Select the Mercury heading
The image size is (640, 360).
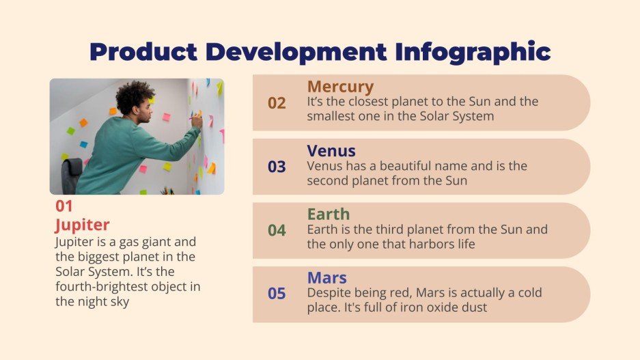tap(340, 87)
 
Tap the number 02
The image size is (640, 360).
tap(277, 103)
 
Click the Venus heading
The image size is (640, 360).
tap(331, 150)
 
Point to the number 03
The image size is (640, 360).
tap(277, 167)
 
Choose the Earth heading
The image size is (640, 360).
tap(328, 214)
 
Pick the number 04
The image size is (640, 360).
tap(277, 230)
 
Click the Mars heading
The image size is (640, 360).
tap(326, 278)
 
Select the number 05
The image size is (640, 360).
tap(277, 294)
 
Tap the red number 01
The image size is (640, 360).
tap(64, 206)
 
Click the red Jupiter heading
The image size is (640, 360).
tap(82, 225)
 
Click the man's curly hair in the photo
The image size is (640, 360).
tap(134, 96)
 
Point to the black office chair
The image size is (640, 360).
tap(71, 174)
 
